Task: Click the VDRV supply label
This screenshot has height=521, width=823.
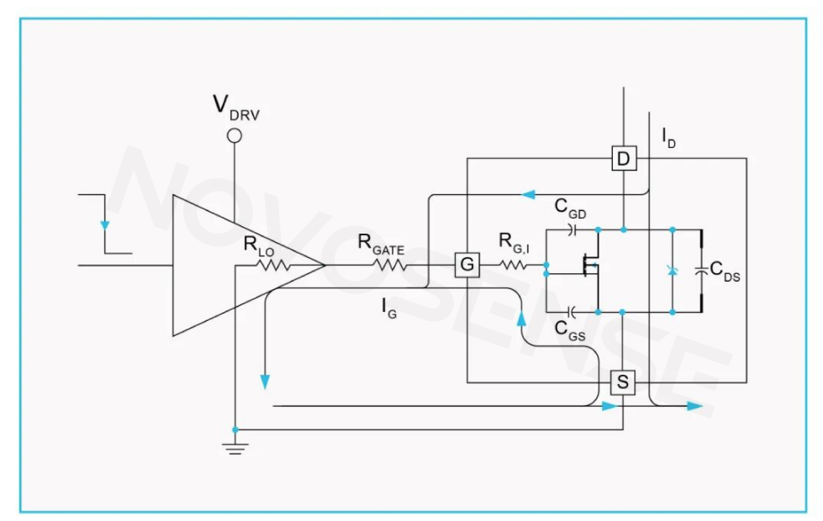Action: pos(236,108)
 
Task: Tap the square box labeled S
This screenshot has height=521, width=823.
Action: pos(623,382)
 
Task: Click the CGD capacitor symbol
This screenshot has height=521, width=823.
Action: pos(571,230)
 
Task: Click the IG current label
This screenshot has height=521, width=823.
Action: pos(389,307)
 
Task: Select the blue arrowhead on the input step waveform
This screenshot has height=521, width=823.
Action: pos(104,225)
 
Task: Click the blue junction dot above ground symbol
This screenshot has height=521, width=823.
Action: pos(235,429)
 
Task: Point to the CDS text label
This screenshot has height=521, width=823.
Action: pos(725,272)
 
